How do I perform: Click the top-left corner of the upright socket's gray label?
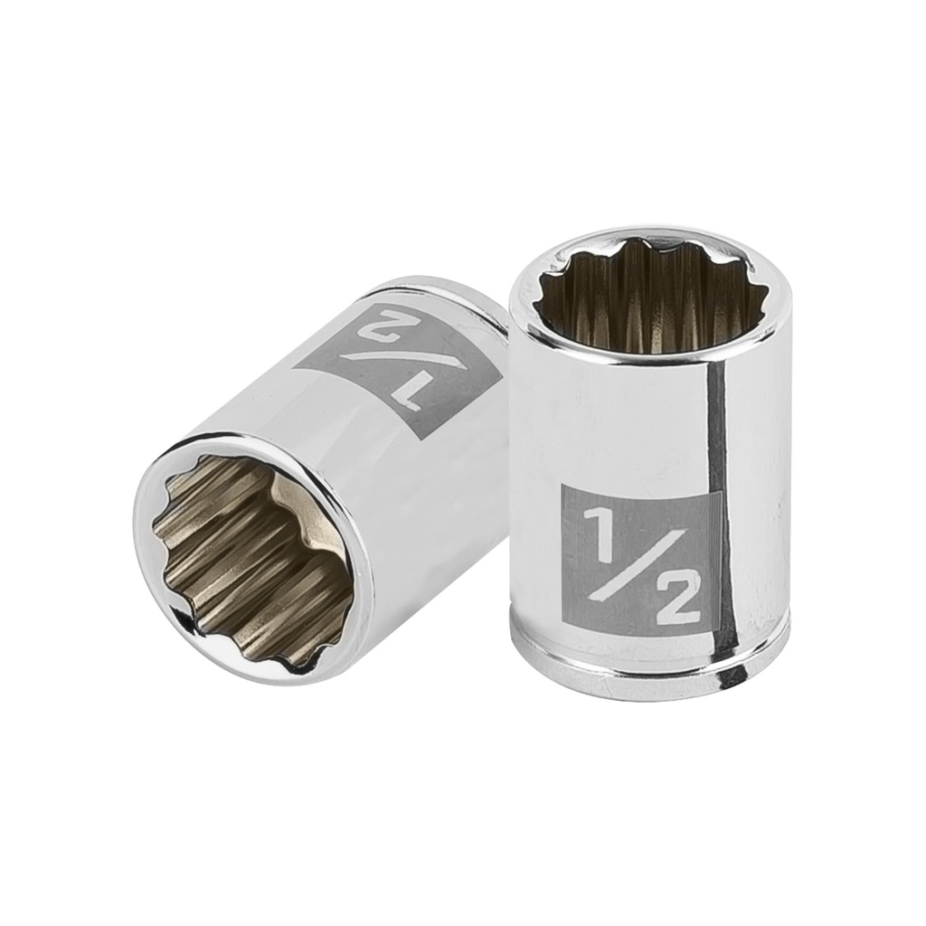click(562, 487)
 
